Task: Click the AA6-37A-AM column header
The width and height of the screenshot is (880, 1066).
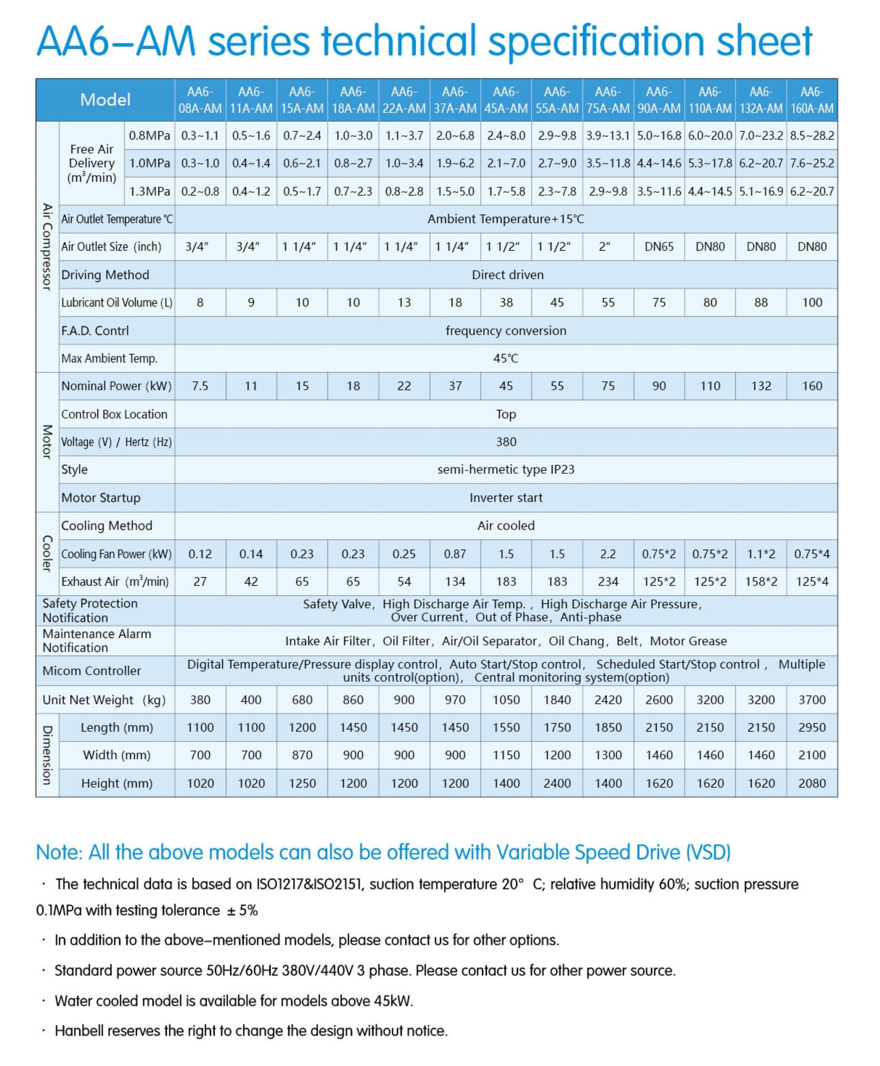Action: pos(455,100)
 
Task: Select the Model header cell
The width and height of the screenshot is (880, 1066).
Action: pos(105,99)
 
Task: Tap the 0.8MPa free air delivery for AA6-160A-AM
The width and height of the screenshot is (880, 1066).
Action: pos(812,136)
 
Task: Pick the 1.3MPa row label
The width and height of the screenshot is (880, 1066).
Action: pos(149,192)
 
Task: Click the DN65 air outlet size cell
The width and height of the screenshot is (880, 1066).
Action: pos(659,247)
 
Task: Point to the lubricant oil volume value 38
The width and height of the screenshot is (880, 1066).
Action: pos(506,302)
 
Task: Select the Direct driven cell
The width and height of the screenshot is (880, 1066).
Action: pos(507,275)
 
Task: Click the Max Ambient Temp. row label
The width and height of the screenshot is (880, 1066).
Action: pos(109,358)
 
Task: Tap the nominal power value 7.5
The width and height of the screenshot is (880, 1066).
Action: pos(200,386)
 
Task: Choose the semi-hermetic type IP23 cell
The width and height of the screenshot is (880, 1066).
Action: pos(506,469)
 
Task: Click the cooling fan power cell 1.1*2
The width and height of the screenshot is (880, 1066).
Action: pos(761,554)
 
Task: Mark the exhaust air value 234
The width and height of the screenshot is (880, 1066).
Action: pos(608,581)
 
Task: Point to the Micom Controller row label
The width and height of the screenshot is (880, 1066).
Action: pos(92,670)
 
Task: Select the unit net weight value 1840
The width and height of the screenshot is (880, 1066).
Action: pos(557,700)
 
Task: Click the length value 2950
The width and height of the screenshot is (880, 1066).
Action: pos(812,728)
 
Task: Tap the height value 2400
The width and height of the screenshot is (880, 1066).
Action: pos(557,783)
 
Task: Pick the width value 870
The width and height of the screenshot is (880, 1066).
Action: pos(302,755)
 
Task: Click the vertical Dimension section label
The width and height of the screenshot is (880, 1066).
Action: pos(47,755)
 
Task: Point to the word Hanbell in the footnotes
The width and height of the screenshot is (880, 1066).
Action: pos(81,1031)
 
